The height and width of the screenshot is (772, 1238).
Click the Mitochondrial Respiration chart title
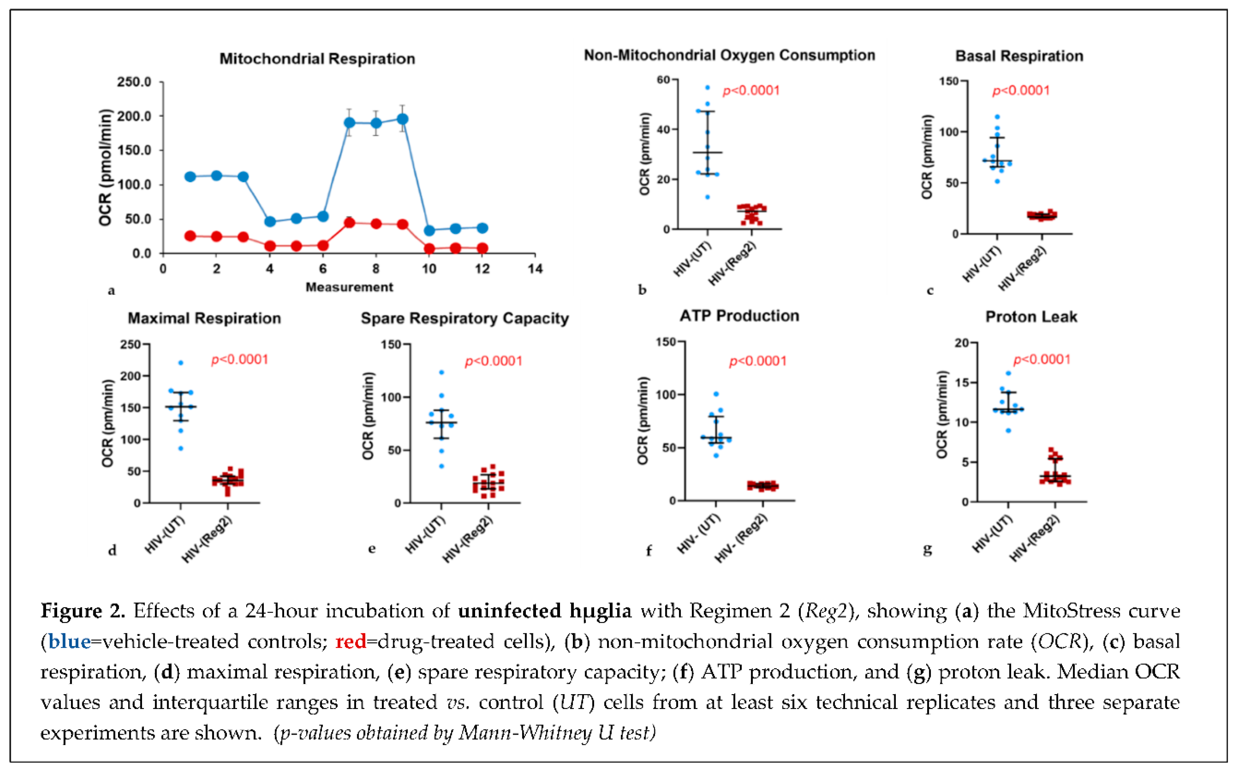tap(317, 59)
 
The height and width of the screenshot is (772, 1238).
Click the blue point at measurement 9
tap(402, 119)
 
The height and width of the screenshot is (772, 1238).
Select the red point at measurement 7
tap(349, 223)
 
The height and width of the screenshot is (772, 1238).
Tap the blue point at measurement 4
tap(270, 222)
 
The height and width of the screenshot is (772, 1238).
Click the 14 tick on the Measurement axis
tap(535, 269)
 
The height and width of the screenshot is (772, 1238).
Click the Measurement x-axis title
tap(349, 287)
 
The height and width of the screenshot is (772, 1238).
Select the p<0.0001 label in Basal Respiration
tap(1021, 91)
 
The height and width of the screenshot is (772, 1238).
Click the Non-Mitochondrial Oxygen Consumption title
tap(729, 55)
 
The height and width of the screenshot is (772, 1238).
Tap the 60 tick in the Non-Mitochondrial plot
tap(663, 80)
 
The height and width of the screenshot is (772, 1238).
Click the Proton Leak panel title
tap(1031, 317)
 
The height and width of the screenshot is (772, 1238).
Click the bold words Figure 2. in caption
tap(83, 611)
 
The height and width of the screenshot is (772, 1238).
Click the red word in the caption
tap(350, 641)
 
